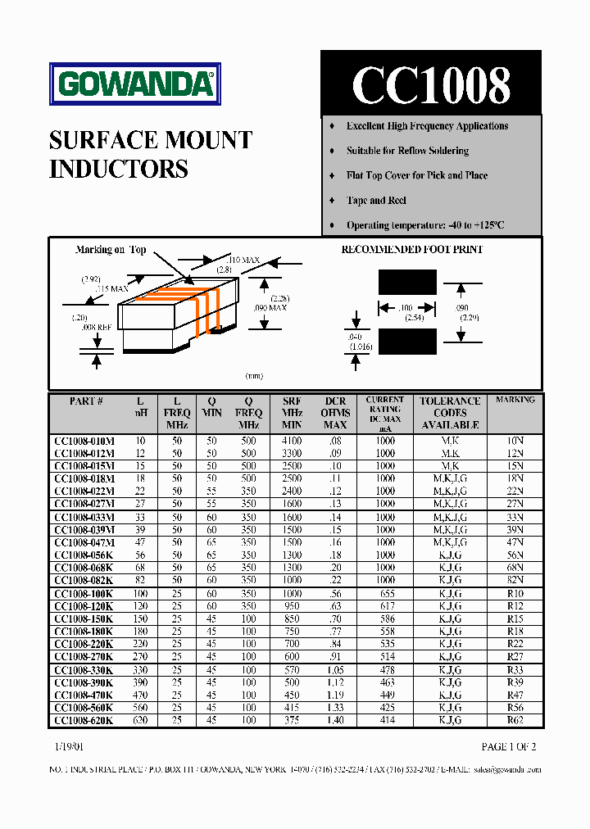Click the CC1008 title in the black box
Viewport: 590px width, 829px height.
431,84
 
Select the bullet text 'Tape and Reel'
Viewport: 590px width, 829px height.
376,201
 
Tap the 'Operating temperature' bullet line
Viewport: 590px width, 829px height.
424,225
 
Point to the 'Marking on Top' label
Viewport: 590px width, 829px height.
111,250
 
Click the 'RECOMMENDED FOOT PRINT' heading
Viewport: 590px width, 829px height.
411,250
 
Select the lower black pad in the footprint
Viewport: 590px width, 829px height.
407,340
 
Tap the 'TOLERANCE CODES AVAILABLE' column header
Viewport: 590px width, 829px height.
450,413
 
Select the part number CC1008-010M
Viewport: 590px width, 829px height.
84,441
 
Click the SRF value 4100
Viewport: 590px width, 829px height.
292,441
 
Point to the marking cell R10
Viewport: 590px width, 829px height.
515,593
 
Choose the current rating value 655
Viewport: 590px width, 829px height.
386,593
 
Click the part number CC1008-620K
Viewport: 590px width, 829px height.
84,720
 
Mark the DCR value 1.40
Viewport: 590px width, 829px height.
336,720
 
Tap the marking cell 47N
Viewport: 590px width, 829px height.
515,542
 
